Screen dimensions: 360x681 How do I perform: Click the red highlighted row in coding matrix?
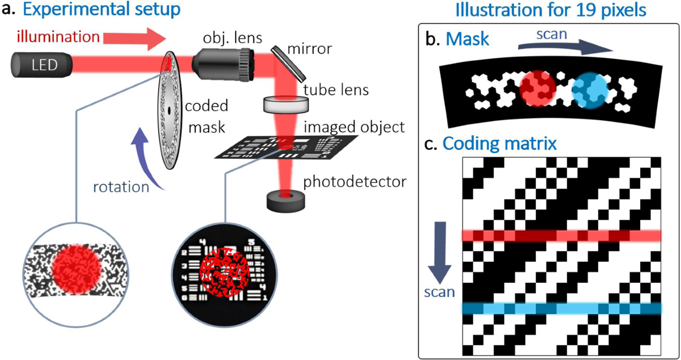pos(562,235)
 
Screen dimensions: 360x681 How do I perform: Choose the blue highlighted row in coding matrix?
pos(562,308)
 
